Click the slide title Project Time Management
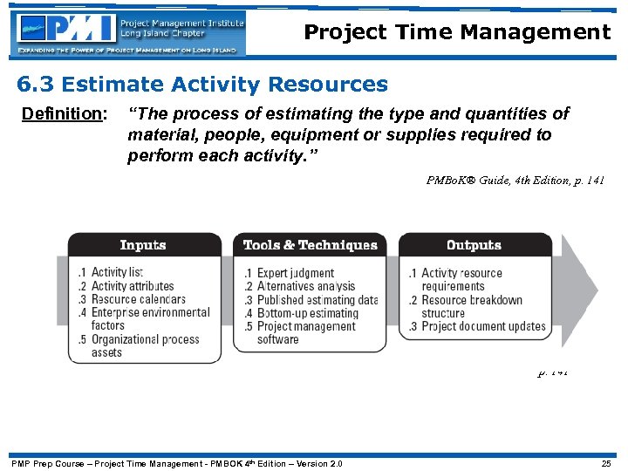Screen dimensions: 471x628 pos(457,32)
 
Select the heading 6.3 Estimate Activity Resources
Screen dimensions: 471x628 pos(202,85)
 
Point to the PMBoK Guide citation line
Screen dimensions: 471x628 pos(515,181)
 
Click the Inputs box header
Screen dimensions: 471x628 pos(143,245)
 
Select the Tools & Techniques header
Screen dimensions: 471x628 pos(310,245)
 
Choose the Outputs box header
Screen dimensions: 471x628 pos(474,245)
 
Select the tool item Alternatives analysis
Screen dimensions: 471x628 pos(300,286)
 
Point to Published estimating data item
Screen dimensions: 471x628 pos(311,300)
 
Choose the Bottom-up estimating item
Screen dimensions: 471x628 pos(302,313)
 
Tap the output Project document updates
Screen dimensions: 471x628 pos(477,327)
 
